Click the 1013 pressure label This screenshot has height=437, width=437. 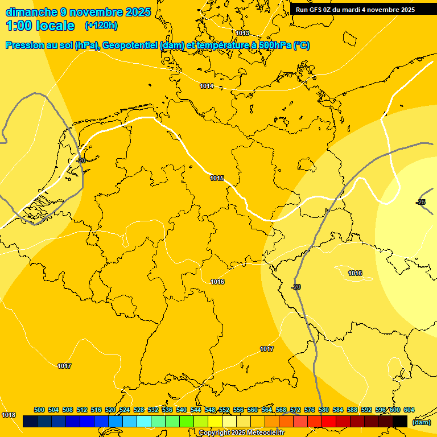coord(242,33)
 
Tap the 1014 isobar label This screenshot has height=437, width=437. coord(207,86)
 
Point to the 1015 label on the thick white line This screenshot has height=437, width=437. coord(217,178)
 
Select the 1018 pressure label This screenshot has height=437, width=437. coord(9,415)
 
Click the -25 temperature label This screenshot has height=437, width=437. coord(420,202)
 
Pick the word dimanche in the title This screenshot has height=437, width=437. coord(31,12)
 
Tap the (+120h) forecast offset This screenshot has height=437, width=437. coord(101,26)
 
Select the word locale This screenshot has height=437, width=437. coord(55,26)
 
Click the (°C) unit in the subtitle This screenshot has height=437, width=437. coord(301,46)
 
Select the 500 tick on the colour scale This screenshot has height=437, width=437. coord(39,410)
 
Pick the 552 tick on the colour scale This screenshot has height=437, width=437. coord(224,410)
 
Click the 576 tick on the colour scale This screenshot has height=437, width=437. coord(310,410)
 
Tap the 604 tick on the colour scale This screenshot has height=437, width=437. coord(409,410)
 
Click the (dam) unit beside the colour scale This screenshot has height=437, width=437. coord(421,422)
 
